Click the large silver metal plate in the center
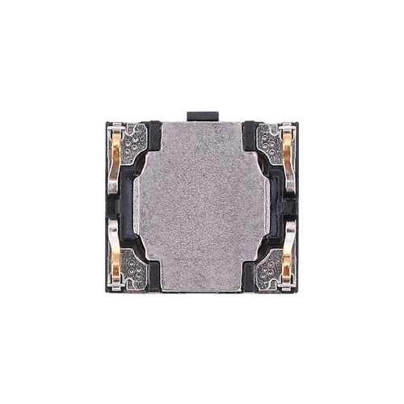tap(202, 206)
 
